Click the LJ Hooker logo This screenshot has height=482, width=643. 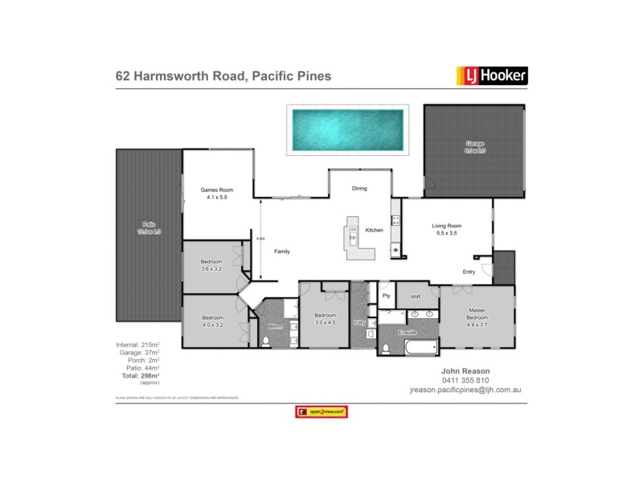pos(492,76)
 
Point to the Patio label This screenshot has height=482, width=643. pos(149,228)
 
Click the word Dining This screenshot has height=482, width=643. pos(359,188)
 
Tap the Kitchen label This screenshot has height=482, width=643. pos(375,231)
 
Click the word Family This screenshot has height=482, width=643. pos(282,251)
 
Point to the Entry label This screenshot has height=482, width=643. pos(469,272)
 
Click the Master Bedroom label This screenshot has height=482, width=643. pos(477,319)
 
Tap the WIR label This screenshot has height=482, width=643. pos(415,296)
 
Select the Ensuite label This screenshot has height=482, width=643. pos(408,331)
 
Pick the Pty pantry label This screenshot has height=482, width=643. pos(387,296)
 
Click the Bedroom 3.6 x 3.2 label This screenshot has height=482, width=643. pos(211,266)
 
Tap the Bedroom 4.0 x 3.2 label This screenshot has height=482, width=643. pos(211,321)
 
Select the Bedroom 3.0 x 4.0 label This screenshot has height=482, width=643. pos(325,318)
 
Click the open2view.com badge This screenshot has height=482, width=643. pos(321,411)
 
